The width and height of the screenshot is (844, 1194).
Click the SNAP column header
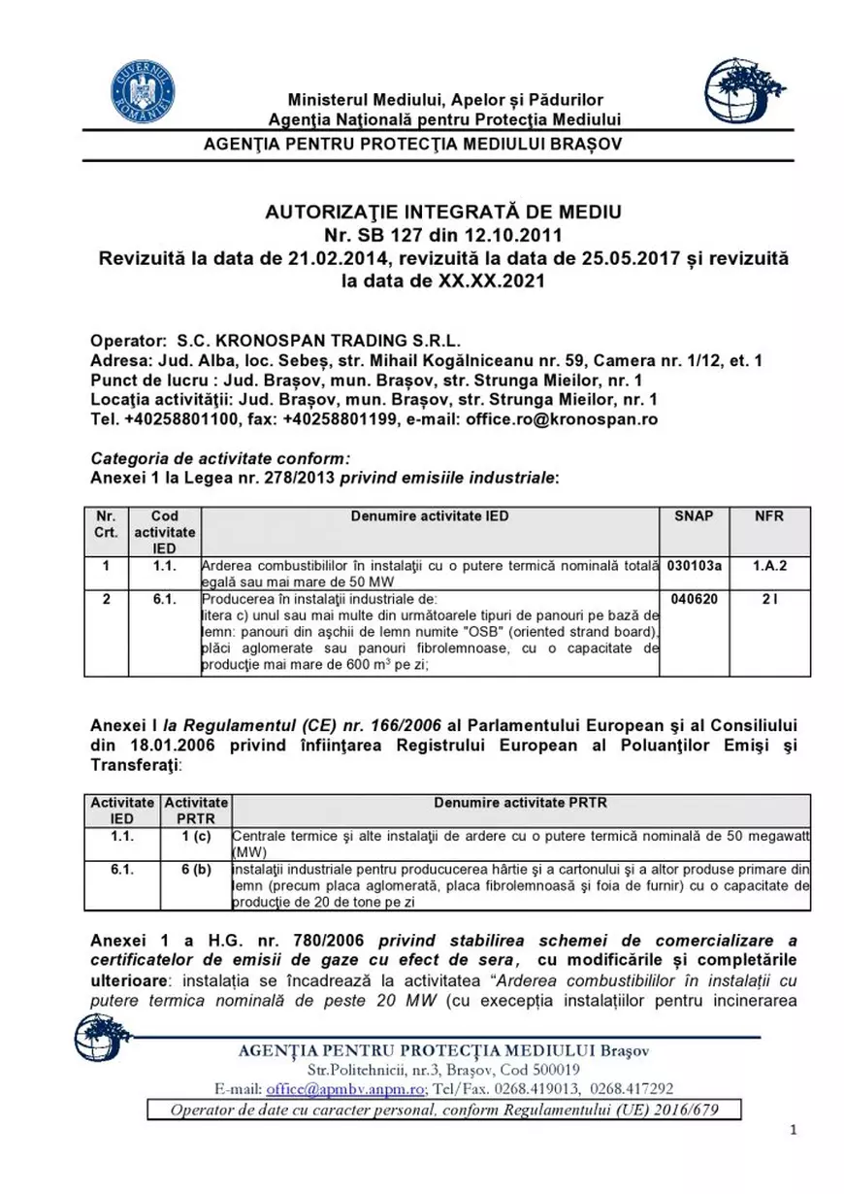coord(694,516)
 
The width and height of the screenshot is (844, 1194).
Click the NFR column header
coord(769,516)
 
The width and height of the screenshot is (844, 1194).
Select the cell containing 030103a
coord(694,564)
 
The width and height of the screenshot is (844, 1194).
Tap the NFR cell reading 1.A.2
coord(769,564)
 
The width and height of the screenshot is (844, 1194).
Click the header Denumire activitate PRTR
coord(520,804)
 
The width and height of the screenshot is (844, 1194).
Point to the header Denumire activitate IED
coord(429,516)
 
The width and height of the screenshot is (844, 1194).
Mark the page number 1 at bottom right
coord(793,1130)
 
